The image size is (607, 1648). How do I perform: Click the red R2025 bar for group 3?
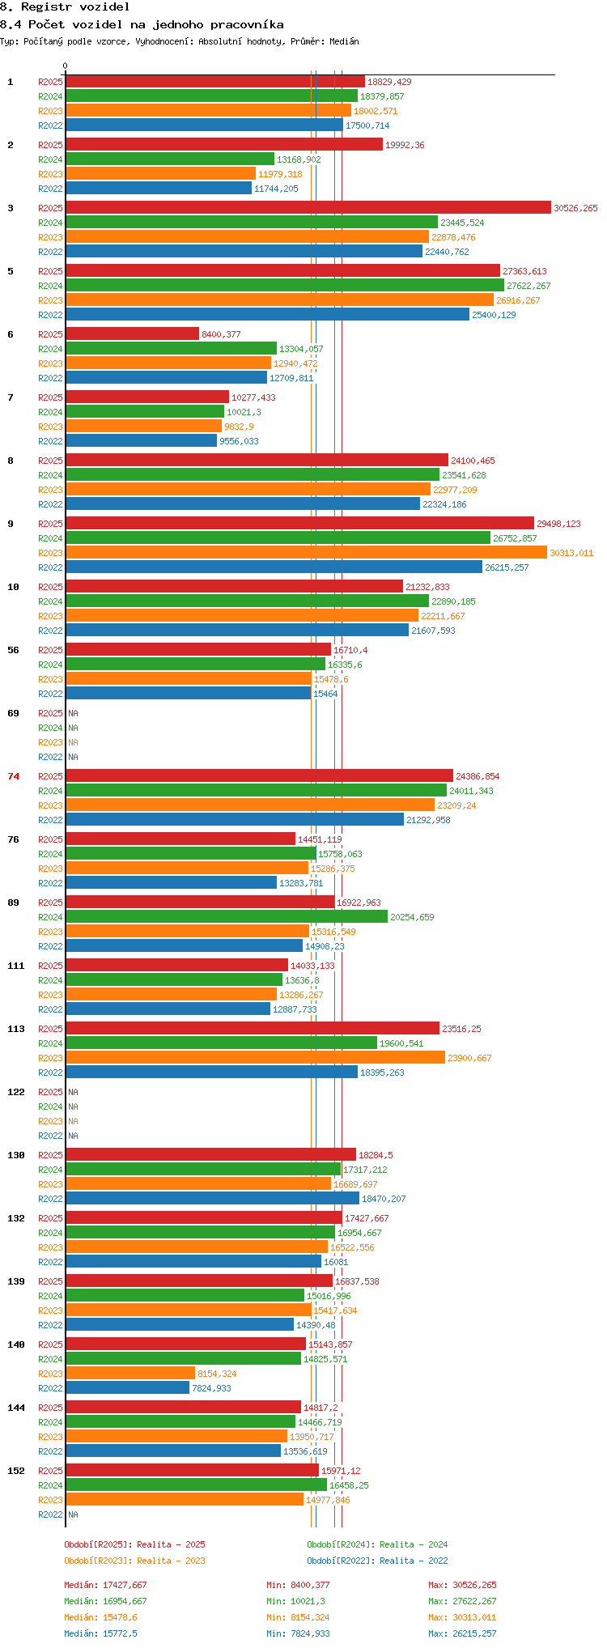coord(308,208)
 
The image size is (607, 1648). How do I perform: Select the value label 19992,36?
coord(405,145)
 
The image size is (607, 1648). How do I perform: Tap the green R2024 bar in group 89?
coord(227,917)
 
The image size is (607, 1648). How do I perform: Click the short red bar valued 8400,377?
coord(133,334)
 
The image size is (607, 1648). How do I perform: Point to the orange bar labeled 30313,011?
coord(307,553)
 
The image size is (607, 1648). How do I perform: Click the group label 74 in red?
coord(14,776)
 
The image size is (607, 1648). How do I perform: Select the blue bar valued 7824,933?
coord(128,1388)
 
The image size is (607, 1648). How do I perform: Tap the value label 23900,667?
coord(469,1058)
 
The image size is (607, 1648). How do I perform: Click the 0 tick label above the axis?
coord(66,66)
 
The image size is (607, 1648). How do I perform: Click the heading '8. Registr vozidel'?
coord(65,6)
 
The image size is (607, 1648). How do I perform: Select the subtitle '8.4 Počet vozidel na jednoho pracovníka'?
coord(142,24)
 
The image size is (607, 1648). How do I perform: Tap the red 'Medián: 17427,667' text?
coord(106,1585)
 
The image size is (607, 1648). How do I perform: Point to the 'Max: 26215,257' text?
coord(462,1633)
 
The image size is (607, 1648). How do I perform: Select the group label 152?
coord(16,1471)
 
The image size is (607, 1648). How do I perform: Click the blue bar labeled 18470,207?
coord(213,1199)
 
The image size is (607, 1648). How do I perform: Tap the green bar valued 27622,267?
coord(285,286)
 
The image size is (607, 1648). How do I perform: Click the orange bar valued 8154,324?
coord(130,1374)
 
